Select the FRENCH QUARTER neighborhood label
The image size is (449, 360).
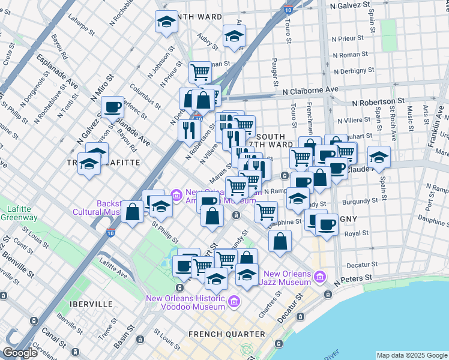coord(226,334)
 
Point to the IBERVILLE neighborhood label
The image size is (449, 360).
coord(91,304)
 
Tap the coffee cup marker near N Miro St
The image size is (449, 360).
coord(112,107)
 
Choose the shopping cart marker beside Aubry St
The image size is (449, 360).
coord(200,73)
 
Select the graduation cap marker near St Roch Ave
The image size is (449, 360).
coord(378,157)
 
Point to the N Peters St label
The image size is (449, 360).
coord(355,280)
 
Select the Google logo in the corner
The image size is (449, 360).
coord(21,353)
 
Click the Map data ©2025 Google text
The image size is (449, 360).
coord(411,355)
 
